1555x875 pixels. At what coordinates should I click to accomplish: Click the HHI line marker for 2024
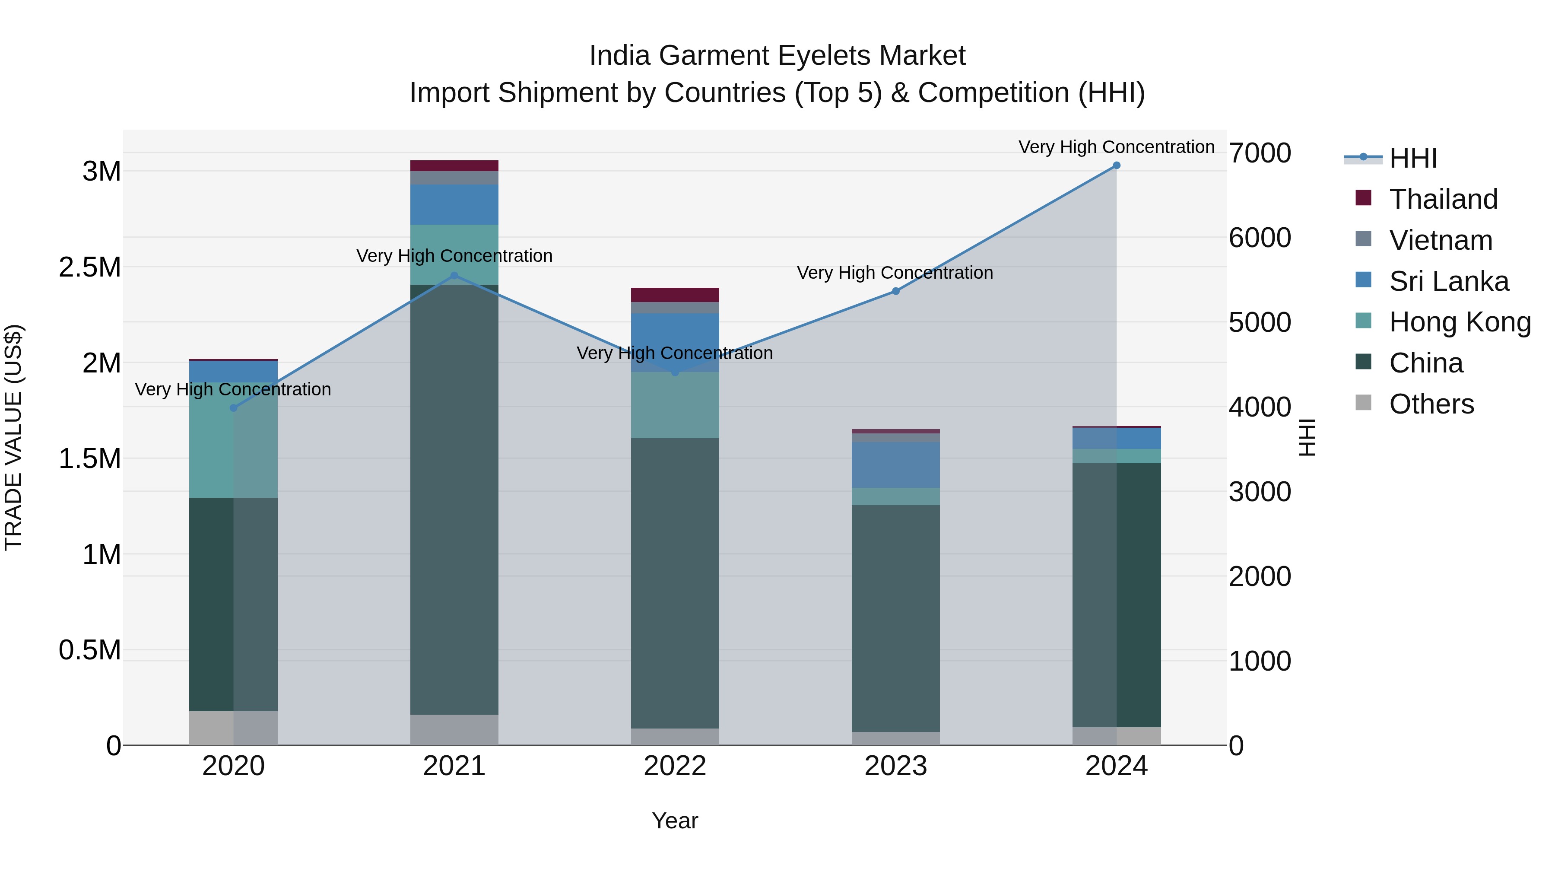click(x=1116, y=165)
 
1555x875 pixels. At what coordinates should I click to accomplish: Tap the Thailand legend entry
click(x=1443, y=199)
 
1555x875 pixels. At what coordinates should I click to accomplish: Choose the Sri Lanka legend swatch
click(x=1363, y=280)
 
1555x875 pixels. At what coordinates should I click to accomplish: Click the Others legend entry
click(x=1431, y=404)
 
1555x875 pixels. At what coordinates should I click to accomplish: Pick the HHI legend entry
click(x=1412, y=158)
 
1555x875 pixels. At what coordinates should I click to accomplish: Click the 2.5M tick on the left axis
click(x=90, y=267)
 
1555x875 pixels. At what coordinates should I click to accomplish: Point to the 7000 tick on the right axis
click(x=1260, y=153)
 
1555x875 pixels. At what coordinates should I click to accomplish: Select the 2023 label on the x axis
click(x=896, y=766)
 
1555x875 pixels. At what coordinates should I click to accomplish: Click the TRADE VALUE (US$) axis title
click(x=13, y=437)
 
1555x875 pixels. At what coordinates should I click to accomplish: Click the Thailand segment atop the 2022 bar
click(x=675, y=295)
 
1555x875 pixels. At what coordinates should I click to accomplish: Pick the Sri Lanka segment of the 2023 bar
click(x=896, y=465)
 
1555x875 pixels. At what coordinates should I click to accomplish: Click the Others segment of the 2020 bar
click(x=234, y=728)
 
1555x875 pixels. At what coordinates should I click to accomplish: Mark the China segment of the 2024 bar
click(x=1116, y=595)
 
